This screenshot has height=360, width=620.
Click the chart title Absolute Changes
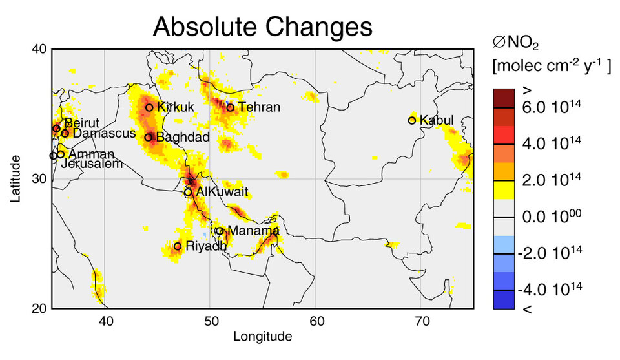click(x=262, y=27)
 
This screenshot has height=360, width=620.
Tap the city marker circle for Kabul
click(x=412, y=120)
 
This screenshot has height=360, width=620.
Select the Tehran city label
click(x=259, y=107)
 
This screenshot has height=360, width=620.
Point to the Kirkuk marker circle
click(x=149, y=107)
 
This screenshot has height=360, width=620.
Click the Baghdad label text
click(x=183, y=138)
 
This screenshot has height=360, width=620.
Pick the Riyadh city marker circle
click(x=178, y=246)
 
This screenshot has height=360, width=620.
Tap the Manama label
click(x=253, y=231)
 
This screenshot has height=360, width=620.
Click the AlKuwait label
click(x=222, y=193)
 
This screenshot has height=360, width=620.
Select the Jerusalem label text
click(x=92, y=164)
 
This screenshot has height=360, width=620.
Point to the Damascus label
click(x=104, y=134)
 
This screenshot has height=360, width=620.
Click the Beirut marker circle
click(x=57, y=128)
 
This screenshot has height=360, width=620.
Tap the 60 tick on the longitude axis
click(x=316, y=320)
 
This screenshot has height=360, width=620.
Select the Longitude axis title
click(x=262, y=336)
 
